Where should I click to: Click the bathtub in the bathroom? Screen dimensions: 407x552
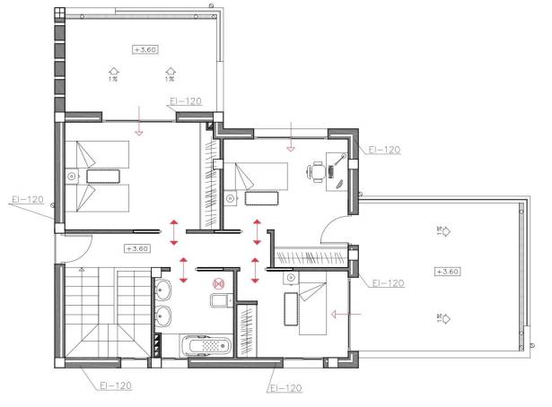coord(206,345)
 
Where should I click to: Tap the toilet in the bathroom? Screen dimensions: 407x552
coord(216,300)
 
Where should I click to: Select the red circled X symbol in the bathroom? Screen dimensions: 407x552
coord(216,283)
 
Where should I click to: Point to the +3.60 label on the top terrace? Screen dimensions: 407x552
coord(145,49)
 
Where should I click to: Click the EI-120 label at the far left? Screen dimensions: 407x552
coord(27,199)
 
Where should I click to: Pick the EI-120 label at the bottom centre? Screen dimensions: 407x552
coord(285,388)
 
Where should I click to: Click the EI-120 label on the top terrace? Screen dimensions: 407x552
coord(184,102)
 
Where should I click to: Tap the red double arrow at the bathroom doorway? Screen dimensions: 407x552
coord(184,267)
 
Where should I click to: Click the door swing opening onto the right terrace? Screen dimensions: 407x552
coord(337,231)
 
